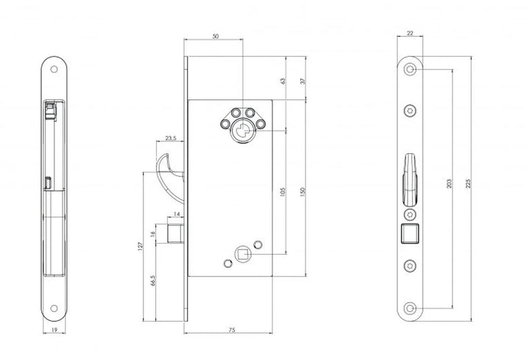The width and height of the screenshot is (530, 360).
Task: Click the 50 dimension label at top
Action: point(215,37)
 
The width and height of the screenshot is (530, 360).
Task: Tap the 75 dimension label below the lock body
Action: point(232,330)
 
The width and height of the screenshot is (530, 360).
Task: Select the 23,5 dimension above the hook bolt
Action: point(171,138)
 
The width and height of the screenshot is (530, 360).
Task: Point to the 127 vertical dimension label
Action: point(141,246)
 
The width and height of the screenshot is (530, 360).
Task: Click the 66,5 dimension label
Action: point(152,281)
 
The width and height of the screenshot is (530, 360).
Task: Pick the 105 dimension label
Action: point(283,191)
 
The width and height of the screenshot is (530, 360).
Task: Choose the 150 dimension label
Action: point(303,191)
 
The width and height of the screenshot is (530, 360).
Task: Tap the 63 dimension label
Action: point(283,81)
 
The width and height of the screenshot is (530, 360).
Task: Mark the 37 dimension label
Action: point(303,81)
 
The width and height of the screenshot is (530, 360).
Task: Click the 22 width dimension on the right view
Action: point(410,33)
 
